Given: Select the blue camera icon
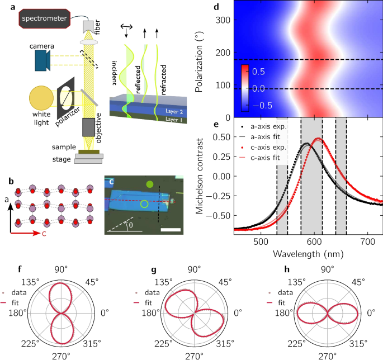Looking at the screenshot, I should [x=42, y=60].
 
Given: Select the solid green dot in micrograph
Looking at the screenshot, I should [x=149, y=183].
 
